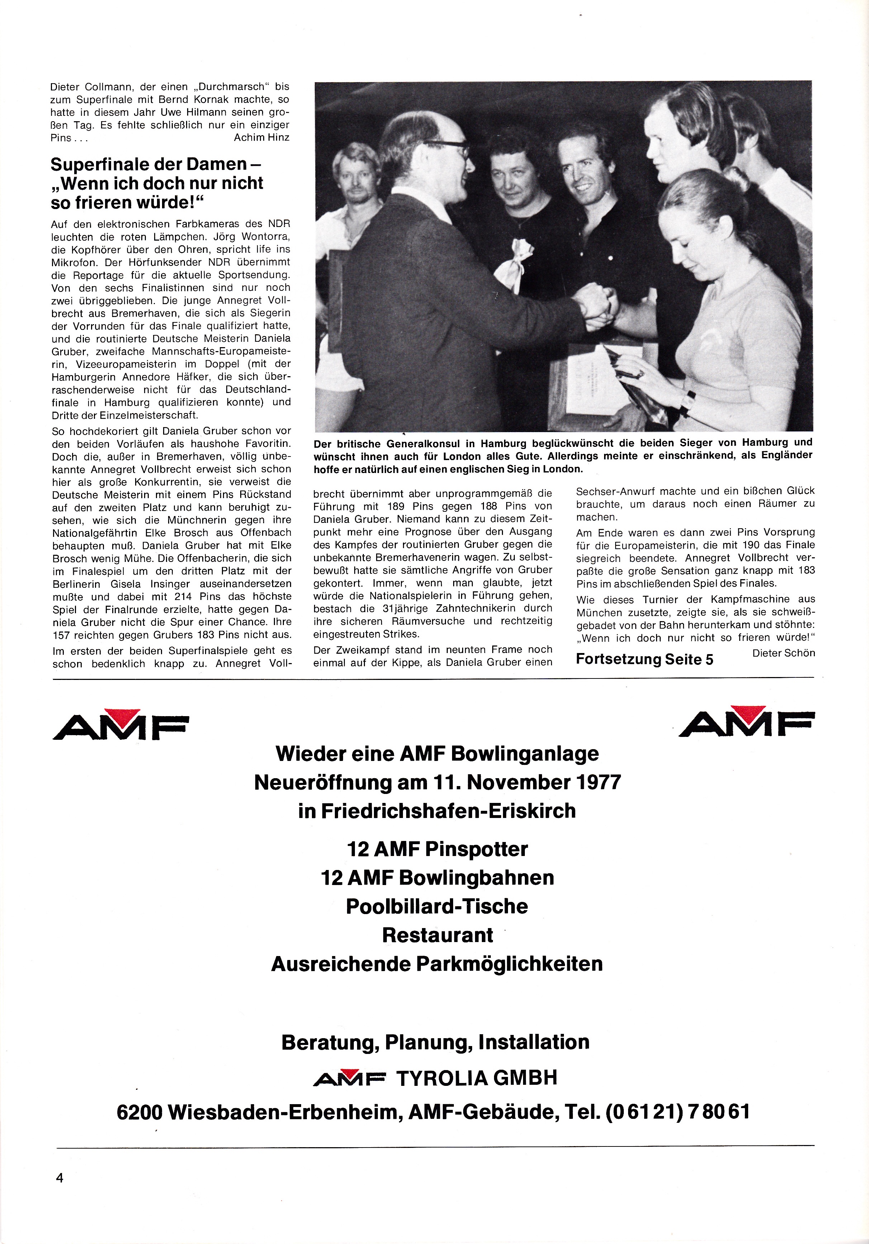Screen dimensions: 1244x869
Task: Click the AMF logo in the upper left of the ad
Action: coord(120,724)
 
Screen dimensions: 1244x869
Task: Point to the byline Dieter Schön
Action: coord(783,653)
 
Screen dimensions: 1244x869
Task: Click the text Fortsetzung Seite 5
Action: coord(644,659)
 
